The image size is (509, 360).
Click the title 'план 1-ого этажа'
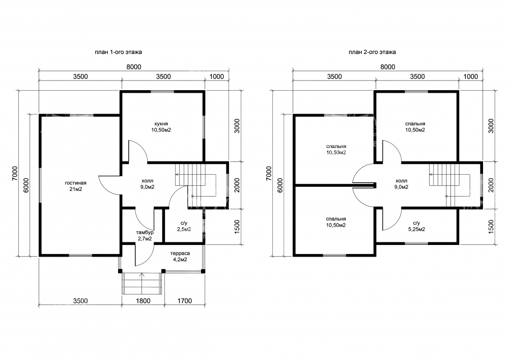tap(118, 52)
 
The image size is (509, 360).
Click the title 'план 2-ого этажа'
tap(373, 52)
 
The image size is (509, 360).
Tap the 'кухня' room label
tap(161, 124)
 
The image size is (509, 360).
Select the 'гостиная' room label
tap(76, 183)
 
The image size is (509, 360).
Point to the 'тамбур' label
tap(145, 232)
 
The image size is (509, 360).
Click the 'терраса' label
tap(180, 253)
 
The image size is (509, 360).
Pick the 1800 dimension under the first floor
tap(143, 301)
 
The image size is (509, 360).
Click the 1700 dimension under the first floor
tap(185, 301)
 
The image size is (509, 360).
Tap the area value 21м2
tap(76, 189)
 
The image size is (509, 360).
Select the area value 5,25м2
tap(416, 229)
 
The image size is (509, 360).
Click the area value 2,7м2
tap(145, 239)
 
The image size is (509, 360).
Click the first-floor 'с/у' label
tap(184, 224)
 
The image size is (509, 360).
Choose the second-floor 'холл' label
tap(402, 181)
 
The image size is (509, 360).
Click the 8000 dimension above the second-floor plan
tap(388, 67)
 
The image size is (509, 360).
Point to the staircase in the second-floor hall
tap(449, 185)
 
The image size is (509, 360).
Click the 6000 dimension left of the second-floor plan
tap(280, 185)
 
